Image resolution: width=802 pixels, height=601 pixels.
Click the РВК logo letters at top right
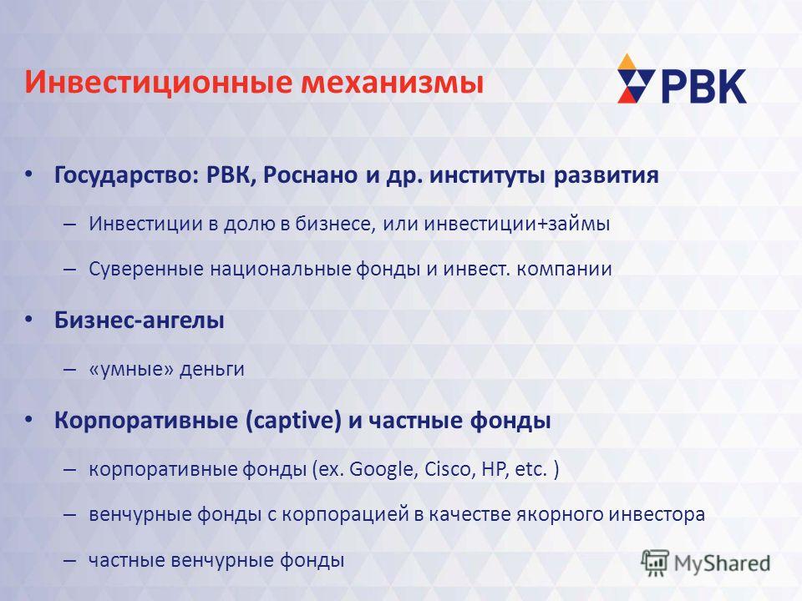click(703, 87)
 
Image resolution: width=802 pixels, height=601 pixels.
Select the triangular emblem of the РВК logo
click(636, 78)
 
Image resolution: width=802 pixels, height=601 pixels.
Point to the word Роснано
click(311, 175)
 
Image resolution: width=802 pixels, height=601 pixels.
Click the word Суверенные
click(145, 269)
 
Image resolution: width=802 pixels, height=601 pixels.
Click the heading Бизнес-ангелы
click(140, 321)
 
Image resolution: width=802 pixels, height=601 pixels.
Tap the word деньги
click(211, 369)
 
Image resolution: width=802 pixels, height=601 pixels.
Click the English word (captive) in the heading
click(293, 421)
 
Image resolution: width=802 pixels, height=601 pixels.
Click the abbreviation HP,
click(495, 469)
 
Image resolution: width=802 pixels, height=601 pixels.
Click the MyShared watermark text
click(722, 563)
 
